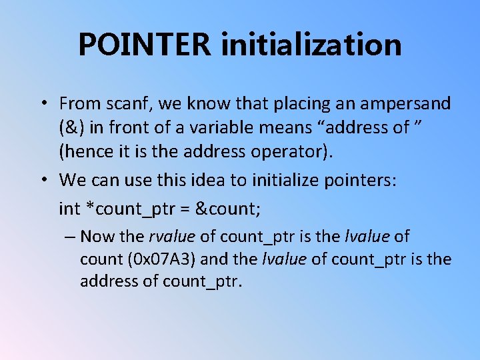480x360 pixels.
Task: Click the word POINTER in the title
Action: [x=145, y=45]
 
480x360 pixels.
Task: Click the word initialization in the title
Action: [x=311, y=45]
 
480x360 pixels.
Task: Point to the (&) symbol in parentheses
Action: [x=72, y=127]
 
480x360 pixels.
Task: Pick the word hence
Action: [x=84, y=151]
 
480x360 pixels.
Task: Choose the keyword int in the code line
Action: [x=69, y=209]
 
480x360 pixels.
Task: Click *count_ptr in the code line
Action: [x=132, y=209]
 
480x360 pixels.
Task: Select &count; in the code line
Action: [x=228, y=209]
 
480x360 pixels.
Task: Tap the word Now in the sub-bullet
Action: [x=97, y=237]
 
